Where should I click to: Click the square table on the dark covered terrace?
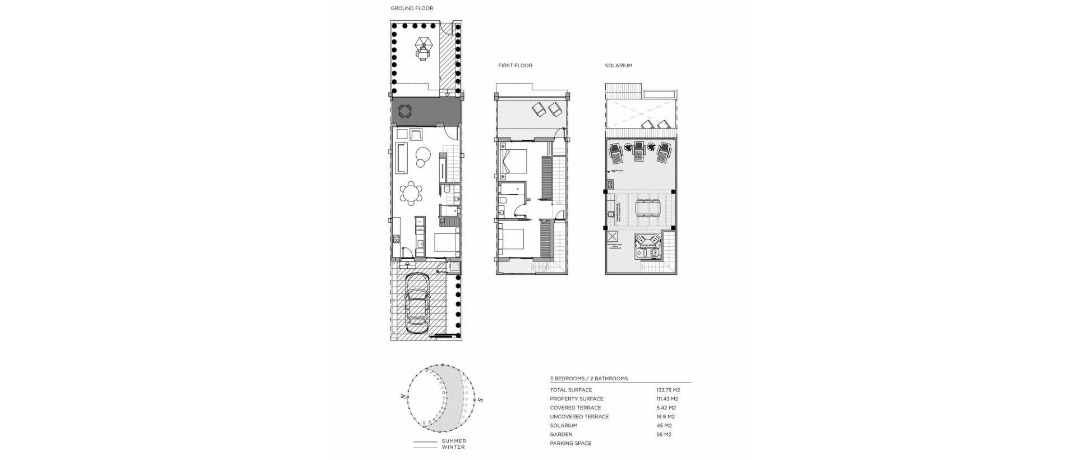pos(405,111)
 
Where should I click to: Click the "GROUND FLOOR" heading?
pos(412,8)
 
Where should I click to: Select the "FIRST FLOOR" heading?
pos(515,66)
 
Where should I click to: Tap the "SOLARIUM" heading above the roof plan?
pos(618,66)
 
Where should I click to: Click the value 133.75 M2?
pos(668,390)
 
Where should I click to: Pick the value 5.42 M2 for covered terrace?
pos(666,408)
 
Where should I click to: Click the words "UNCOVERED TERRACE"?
pos(579,417)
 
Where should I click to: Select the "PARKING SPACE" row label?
pos(570,443)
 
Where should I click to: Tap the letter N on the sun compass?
pos(403,397)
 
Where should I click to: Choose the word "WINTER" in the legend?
pos(453,447)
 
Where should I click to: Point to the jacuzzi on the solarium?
pos(648,247)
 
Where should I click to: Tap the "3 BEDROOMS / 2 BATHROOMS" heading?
pos(589,379)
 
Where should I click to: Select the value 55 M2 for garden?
pos(664,434)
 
